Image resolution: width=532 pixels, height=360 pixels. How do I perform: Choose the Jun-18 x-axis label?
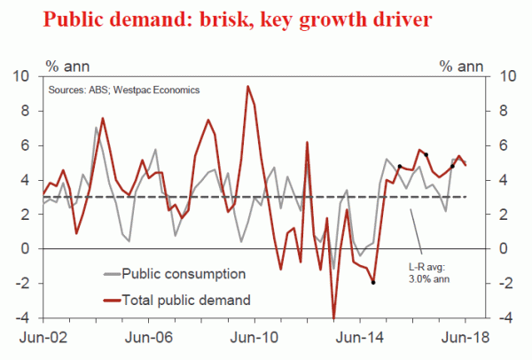(x=465, y=338)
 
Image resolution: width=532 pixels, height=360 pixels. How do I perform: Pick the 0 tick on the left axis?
(x=28, y=249)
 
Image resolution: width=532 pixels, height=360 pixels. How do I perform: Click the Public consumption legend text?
(x=184, y=273)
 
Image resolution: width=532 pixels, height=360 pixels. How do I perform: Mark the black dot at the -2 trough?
(x=373, y=283)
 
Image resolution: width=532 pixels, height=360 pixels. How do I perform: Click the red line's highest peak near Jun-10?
(x=247, y=87)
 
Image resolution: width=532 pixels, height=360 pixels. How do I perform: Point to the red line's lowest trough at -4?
(x=334, y=317)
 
